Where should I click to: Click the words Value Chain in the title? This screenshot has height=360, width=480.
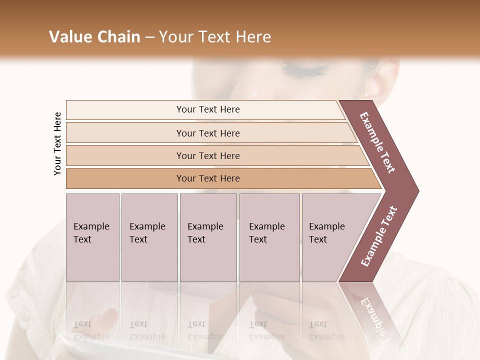click(x=94, y=37)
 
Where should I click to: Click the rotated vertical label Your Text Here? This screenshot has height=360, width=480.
click(x=58, y=143)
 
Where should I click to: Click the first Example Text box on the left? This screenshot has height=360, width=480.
click(x=92, y=237)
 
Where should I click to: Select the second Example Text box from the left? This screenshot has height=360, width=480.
click(x=149, y=237)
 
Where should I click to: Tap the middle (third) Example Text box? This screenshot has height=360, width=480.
click(x=208, y=237)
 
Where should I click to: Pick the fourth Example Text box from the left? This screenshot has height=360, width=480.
click(x=269, y=237)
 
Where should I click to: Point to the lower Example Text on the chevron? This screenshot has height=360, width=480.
click(x=378, y=236)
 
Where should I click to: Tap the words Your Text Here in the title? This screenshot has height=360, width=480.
click(x=215, y=37)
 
